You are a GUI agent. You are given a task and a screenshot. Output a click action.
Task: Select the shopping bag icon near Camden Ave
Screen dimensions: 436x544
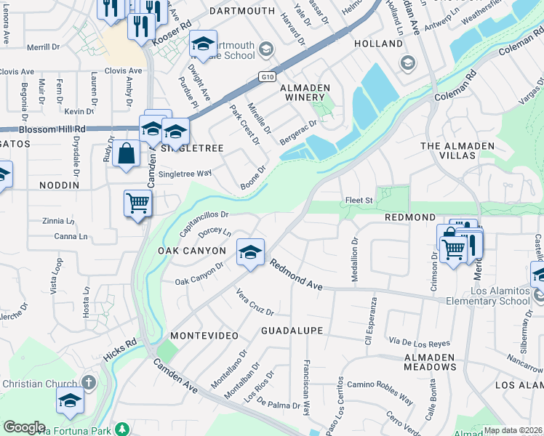coord(127,153)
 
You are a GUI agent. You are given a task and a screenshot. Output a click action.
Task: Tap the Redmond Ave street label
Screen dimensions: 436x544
coord(296,276)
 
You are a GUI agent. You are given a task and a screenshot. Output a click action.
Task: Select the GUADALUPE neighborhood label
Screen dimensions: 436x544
coord(292,331)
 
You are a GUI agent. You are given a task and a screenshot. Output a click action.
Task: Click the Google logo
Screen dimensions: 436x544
coord(24,427)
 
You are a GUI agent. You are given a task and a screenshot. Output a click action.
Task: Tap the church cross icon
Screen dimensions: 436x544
coord(88,382)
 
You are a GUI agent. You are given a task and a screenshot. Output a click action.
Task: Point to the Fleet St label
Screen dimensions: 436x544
coord(358,200)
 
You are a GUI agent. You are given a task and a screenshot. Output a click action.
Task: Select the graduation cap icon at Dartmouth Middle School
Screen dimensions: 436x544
coord(204,44)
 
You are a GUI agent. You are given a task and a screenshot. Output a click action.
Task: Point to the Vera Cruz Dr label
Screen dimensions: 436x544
coord(254,302)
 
